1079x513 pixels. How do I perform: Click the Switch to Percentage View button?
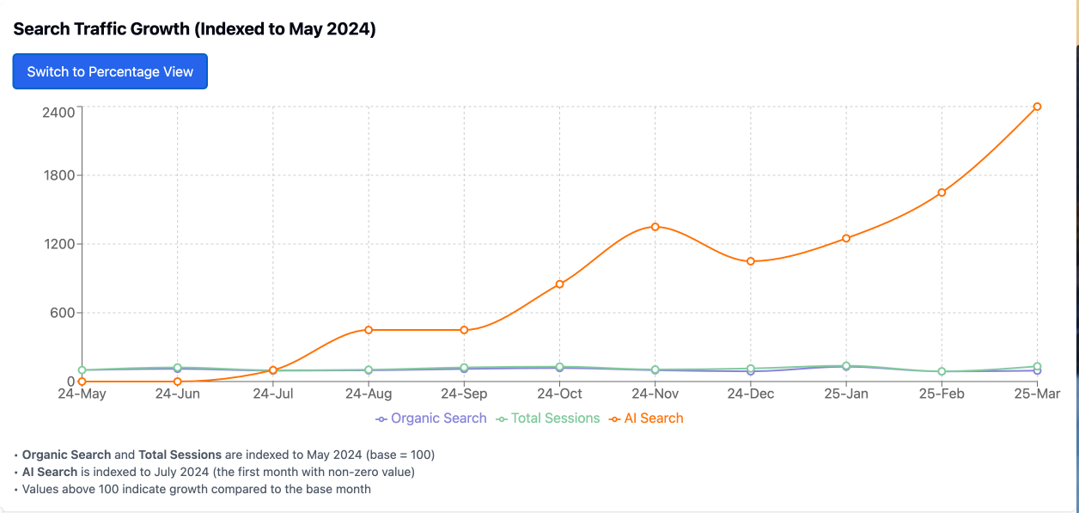pyautogui.click(x=110, y=71)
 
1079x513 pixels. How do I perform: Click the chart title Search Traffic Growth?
pyautogui.click(x=194, y=29)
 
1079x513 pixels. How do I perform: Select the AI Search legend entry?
pyautogui.click(x=646, y=418)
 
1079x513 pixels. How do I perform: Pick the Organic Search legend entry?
pyautogui.click(x=431, y=418)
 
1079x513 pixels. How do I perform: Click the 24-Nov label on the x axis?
pyautogui.click(x=655, y=394)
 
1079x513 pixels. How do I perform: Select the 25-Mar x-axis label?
pyautogui.click(x=1037, y=394)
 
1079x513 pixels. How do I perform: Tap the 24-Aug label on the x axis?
pyautogui.click(x=369, y=394)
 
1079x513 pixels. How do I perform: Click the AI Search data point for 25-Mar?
pyautogui.click(x=1037, y=107)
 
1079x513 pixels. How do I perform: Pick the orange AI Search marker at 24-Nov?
pyautogui.click(x=655, y=227)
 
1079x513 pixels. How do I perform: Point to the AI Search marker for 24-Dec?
pyautogui.click(x=750, y=261)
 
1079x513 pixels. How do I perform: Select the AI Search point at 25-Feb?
pyautogui.click(x=942, y=192)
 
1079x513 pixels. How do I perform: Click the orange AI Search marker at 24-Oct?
pyautogui.click(x=559, y=284)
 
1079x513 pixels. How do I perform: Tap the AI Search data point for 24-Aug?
pyautogui.click(x=369, y=330)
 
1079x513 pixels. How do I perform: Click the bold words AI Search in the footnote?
pyautogui.click(x=50, y=472)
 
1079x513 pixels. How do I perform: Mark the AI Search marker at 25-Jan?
pyautogui.click(x=846, y=238)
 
